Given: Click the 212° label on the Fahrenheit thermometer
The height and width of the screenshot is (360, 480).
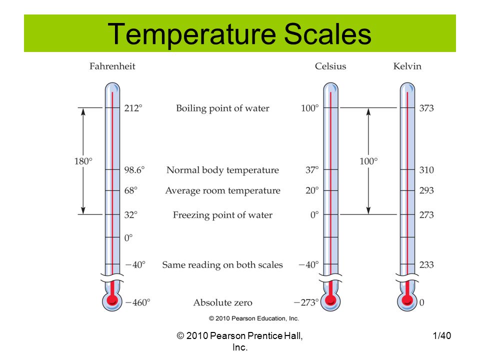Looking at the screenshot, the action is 133,108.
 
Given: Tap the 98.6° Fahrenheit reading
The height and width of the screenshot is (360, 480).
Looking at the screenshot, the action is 134,170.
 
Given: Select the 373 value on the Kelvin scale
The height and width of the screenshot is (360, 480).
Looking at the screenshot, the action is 426,108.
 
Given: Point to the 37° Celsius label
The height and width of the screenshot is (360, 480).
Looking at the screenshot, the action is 312,170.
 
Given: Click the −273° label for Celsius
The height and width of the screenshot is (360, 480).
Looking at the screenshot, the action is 306,302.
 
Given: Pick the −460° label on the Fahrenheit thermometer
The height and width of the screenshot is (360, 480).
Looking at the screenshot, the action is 138,302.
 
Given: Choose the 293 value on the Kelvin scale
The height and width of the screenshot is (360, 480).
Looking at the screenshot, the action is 426,190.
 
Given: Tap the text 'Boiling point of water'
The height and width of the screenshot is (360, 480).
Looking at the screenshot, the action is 222,108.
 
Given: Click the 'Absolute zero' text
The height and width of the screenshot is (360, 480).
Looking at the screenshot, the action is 222,303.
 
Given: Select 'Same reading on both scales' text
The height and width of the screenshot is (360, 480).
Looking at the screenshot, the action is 222,265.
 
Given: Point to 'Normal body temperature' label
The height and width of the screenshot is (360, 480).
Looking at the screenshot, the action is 222,170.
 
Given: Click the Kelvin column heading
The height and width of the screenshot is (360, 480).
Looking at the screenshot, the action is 407,66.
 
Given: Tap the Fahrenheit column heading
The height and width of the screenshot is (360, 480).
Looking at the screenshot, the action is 112,66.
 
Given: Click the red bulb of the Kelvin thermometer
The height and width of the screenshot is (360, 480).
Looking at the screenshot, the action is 407,299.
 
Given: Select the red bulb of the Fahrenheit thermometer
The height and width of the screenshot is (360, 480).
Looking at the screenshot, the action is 112,299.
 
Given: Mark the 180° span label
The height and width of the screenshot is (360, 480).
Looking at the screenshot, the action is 83,161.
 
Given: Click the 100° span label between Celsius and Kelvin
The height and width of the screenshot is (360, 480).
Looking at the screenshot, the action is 368,161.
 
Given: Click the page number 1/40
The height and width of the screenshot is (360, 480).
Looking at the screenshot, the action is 441,336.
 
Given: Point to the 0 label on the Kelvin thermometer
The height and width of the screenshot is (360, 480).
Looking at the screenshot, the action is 422,302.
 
